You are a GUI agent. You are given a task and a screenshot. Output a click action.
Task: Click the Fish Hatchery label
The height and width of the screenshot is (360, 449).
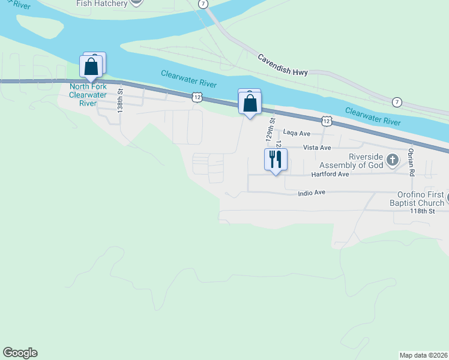pyautogui.click(x=103, y=3)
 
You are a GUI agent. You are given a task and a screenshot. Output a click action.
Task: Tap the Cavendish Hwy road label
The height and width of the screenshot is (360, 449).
pyautogui.click(x=283, y=65)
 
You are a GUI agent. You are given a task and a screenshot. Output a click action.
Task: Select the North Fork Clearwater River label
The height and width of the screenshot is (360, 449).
pyautogui.click(x=88, y=95)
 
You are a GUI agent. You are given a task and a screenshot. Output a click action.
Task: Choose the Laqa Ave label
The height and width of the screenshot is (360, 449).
pyautogui.click(x=297, y=133)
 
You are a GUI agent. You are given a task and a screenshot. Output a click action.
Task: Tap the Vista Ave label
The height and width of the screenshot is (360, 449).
pyautogui.click(x=317, y=148)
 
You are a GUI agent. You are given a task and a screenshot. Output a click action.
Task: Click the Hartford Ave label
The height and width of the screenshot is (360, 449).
pyautogui.click(x=330, y=174)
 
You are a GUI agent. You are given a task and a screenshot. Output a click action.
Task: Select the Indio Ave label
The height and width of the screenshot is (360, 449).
pyautogui.click(x=312, y=193)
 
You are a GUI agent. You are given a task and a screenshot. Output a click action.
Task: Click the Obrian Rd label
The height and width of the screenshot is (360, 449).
pyautogui.click(x=411, y=162)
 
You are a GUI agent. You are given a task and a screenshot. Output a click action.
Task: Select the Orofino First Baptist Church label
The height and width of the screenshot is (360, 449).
pyautogui.click(x=420, y=199)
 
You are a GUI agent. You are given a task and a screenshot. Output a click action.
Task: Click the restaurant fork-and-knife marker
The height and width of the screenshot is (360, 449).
pyautogui.click(x=276, y=159)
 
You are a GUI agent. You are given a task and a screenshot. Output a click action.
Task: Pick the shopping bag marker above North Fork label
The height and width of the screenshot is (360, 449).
pyautogui.click(x=91, y=67)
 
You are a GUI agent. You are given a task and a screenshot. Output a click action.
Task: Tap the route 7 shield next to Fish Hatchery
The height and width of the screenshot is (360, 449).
pyautogui.click(x=203, y=4)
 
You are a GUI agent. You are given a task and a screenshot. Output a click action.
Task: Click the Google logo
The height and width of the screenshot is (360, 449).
pyautogui.click(x=20, y=353)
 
